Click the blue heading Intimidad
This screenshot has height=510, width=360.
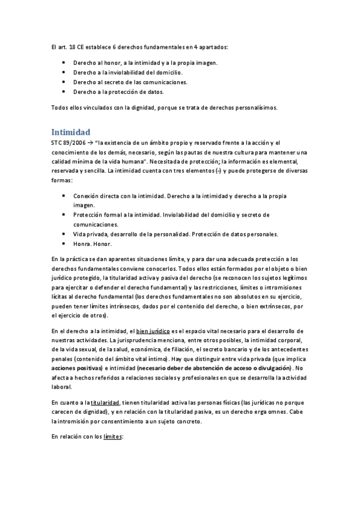[70, 131]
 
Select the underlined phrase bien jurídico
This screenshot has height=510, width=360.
[153, 331]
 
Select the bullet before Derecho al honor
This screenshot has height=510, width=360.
[64, 63]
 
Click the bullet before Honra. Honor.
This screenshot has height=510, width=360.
[64, 244]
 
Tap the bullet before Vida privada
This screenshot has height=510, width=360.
[64, 234]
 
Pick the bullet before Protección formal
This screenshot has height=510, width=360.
[64, 215]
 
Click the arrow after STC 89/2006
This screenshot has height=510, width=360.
[89, 143]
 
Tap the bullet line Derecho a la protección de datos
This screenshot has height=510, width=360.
[118, 91]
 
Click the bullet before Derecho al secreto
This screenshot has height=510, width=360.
[64, 82]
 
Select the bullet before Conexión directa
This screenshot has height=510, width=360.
[64, 195]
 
